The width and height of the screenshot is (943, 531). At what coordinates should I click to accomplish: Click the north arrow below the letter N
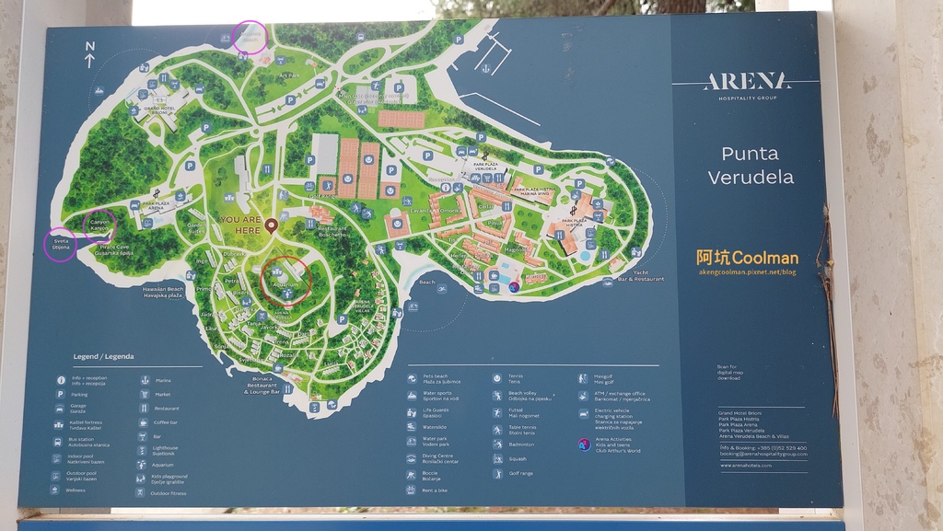(x=89, y=61)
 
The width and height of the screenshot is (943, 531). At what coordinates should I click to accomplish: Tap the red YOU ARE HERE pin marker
(x=271, y=225)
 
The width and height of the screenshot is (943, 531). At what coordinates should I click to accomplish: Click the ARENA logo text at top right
(x=747, y=82)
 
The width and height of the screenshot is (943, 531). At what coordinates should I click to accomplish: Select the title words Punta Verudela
(x=750, y=165)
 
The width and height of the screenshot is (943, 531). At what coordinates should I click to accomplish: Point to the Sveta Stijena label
(x=60, y=243)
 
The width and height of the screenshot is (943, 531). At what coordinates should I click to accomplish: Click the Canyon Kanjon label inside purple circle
(x=99, y=225)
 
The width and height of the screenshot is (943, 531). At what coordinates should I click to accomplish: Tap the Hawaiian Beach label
(x=163, y=292)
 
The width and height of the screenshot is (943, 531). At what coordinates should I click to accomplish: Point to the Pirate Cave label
(x=116, y=248)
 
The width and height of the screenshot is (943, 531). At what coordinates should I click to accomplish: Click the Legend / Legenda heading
(x=103, y=356)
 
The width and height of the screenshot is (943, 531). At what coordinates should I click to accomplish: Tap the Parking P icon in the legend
(x=61, y=393)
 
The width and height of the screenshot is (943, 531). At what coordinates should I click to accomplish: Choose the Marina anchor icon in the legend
(x=145, y=379)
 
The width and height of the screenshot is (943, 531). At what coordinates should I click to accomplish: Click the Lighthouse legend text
(x=164, y=451)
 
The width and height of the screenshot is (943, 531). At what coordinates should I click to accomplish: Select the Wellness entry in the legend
(x=76, y=491)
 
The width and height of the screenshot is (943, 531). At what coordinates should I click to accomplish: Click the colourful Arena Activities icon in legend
(x=584, y=444)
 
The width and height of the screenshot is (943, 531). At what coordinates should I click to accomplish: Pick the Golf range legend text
(x=519, y=473)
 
